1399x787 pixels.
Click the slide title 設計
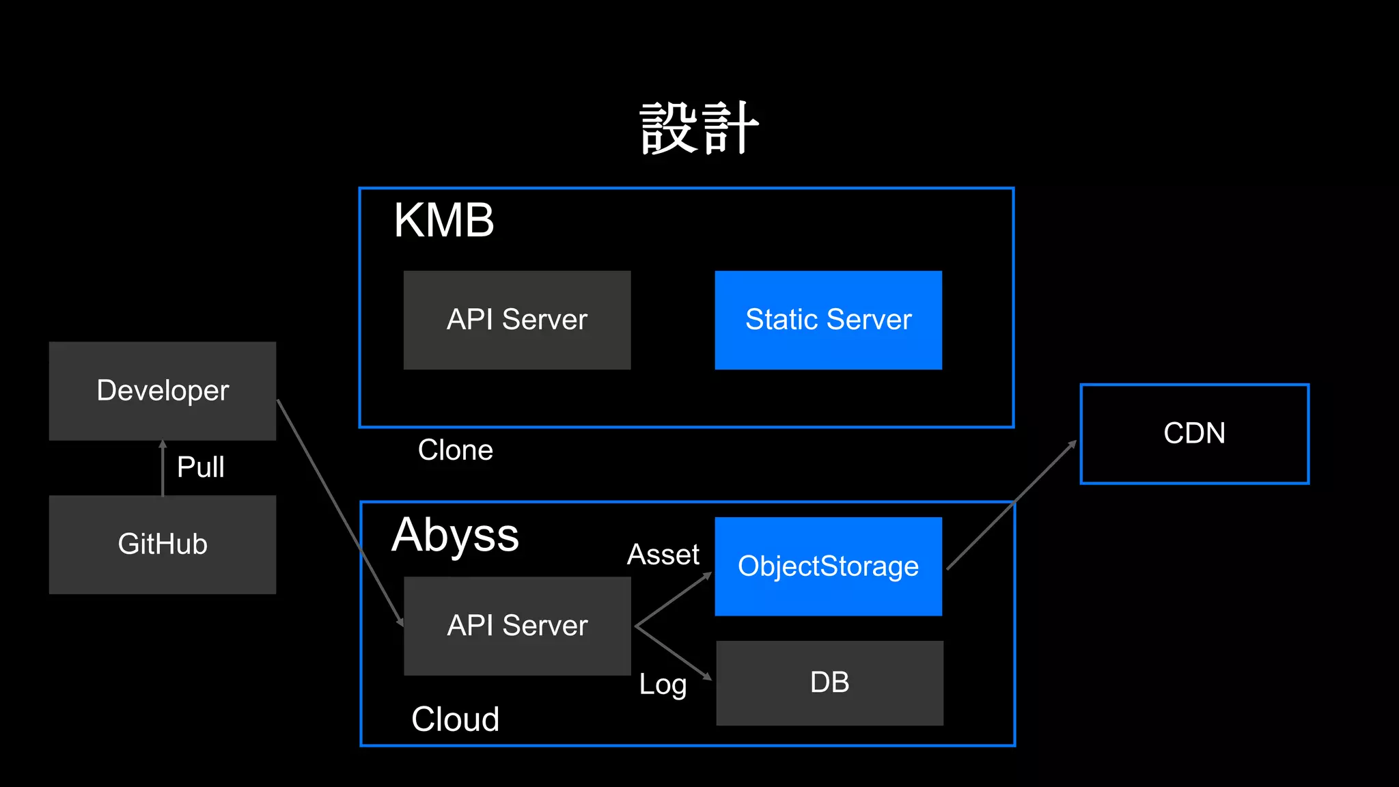coord(699,128)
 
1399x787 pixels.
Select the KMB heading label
coord(443,221)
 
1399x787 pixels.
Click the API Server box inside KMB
coord(516,320)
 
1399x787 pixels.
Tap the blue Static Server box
coord(828,320)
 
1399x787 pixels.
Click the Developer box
coord(163,391)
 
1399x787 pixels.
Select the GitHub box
coord(163,544)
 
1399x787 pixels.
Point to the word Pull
coord(200,467)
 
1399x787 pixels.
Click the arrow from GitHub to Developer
coord(163,469)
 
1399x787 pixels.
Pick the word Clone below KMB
coord(455,450)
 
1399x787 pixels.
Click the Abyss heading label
coord(455,535)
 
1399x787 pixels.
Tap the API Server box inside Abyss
coord(517,626)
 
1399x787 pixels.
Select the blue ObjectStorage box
coord(828,566)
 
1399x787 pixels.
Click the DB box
coord(829,682)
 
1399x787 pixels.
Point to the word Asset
coord(663,555)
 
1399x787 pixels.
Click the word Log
coord(662,684)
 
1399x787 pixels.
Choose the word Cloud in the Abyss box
coord(455,719)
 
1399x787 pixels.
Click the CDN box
coord(1194,434)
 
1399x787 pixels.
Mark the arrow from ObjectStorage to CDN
coord(1011,506)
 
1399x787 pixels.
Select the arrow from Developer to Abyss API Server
coord(340,512)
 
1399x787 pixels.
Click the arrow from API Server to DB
coord(674,653)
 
